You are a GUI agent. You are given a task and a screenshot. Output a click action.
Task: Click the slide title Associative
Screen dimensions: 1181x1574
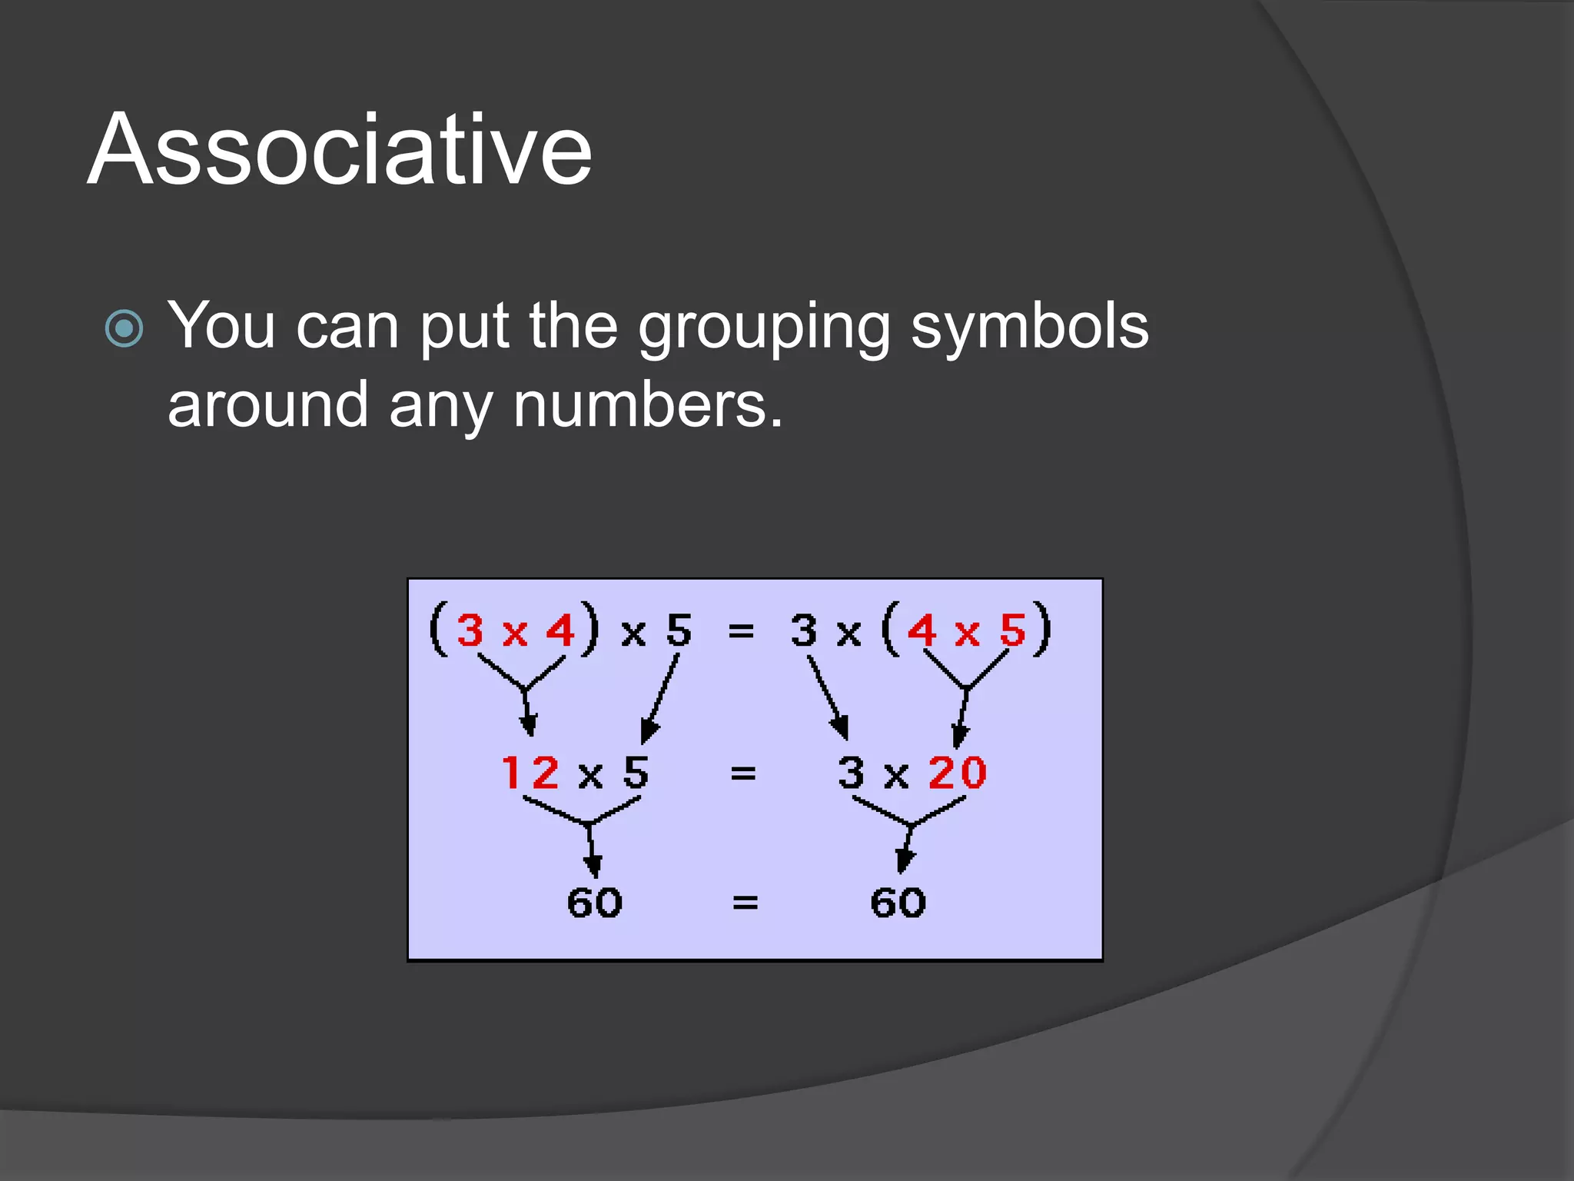click(340, 149)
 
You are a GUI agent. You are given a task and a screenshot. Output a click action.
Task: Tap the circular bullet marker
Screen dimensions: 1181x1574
click(124, 329)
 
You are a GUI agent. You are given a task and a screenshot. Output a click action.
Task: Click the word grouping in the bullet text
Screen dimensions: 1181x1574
click(764, 328)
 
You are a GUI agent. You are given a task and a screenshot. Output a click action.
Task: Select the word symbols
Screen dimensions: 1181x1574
click(1029, 326)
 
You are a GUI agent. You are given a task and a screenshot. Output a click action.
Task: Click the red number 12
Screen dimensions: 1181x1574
click(530, 772)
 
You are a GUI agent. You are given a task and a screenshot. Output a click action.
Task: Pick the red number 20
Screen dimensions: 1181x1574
click(957, 772)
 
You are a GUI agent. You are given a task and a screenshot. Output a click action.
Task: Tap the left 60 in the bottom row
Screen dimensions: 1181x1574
click(594, 902)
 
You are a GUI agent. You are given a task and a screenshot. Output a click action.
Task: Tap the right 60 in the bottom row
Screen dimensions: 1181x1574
click(898, 902)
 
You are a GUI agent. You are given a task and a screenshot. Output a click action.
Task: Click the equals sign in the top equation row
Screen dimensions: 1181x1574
click(741, 631)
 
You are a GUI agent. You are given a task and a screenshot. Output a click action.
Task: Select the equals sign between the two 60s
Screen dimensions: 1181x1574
click(745, 902)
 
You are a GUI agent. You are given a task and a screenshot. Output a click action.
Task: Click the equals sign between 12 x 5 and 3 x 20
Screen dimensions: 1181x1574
click(742, 773)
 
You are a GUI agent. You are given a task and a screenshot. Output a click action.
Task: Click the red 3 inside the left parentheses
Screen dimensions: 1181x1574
click(470, 630)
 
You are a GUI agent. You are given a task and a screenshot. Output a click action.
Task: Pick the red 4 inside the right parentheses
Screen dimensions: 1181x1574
click(921, 630)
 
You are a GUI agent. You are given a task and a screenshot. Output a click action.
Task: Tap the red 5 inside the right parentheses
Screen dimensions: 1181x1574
click(1012, 630)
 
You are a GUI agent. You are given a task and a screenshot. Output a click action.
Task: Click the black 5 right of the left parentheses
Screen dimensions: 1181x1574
click(679, 630)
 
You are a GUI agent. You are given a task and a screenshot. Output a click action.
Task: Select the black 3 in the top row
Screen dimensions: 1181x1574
click(804, 630)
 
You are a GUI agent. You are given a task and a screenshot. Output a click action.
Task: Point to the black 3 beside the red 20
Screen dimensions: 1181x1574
click(852, 772)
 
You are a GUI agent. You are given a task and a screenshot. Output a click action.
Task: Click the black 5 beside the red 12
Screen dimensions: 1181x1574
click(636, 772)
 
